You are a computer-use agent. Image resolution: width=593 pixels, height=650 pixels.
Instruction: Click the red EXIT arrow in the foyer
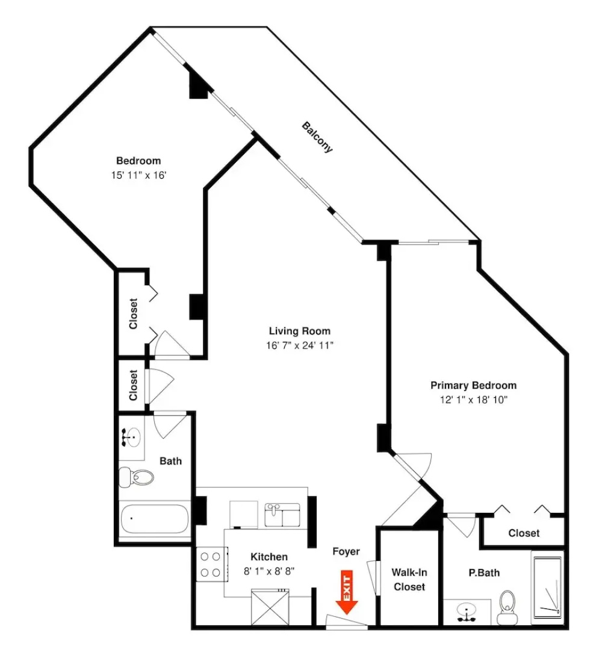tap(347, 592)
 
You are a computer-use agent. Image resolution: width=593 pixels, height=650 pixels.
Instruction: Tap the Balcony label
tap(317, 137)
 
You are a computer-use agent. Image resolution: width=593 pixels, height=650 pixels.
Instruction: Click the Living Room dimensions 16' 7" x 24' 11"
tap(300, 345)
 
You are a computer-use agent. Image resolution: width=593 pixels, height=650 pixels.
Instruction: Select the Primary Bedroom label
tap(474, 386)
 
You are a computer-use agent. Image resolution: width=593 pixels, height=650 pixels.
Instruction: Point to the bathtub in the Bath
tap(155, 519)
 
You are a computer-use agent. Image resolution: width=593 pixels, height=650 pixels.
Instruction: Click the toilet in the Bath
tap(136, 477)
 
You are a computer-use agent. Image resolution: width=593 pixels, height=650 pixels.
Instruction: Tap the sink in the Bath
tap(131, 437)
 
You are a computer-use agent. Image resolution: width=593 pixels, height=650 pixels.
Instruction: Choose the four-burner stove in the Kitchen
tap(211, 564)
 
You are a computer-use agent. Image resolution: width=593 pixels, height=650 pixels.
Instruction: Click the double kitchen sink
tap(282, 515)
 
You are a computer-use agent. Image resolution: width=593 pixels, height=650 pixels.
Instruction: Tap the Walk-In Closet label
tap(409, 580)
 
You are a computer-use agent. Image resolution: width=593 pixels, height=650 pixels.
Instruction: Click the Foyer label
tap(346, 551)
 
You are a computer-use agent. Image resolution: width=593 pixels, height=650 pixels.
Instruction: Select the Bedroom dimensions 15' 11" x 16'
tap(138, 175)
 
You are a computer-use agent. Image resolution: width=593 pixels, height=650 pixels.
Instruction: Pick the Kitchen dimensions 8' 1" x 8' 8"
tap(269, 571)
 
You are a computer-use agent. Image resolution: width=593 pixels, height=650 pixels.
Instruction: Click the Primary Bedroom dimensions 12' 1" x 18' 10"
tap(474, 400)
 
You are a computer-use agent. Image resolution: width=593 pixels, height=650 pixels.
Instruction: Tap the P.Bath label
tap(484, 573)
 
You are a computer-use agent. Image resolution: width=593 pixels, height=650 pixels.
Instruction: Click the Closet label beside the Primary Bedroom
tap(524, 533)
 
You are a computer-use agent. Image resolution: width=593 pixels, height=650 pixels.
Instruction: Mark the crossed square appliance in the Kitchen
tap(270, 608)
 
